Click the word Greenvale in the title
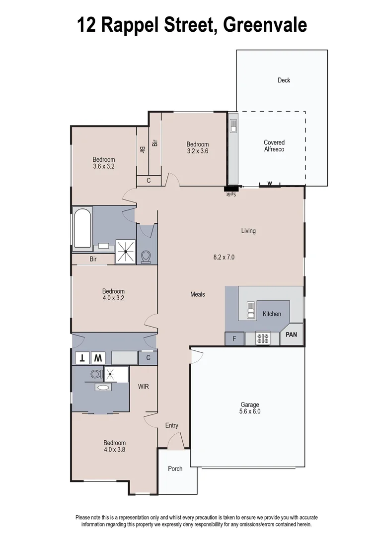pyautogui.click(x=265, y=25)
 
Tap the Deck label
pyautogui.click(x=284, y=80)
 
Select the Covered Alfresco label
pyautogui.click(x=274, y=146)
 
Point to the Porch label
pyautogui.click(x=175, y=469)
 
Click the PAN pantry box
pyautogui.click(x=291, y=335)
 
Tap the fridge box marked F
pyautogui.click(x=234, y=339)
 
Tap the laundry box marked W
pyautogui.click(x=99, y=357)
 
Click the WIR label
pyautogui.click(x=144, y=386)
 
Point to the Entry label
pyautogui.click(x=171, y=425)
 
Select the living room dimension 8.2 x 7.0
pyautogui.click(x=224, y=257)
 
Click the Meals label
pyautogui.click(x=197, y=294)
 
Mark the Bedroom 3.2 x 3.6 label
pyautogui.click(x=198, y=148)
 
